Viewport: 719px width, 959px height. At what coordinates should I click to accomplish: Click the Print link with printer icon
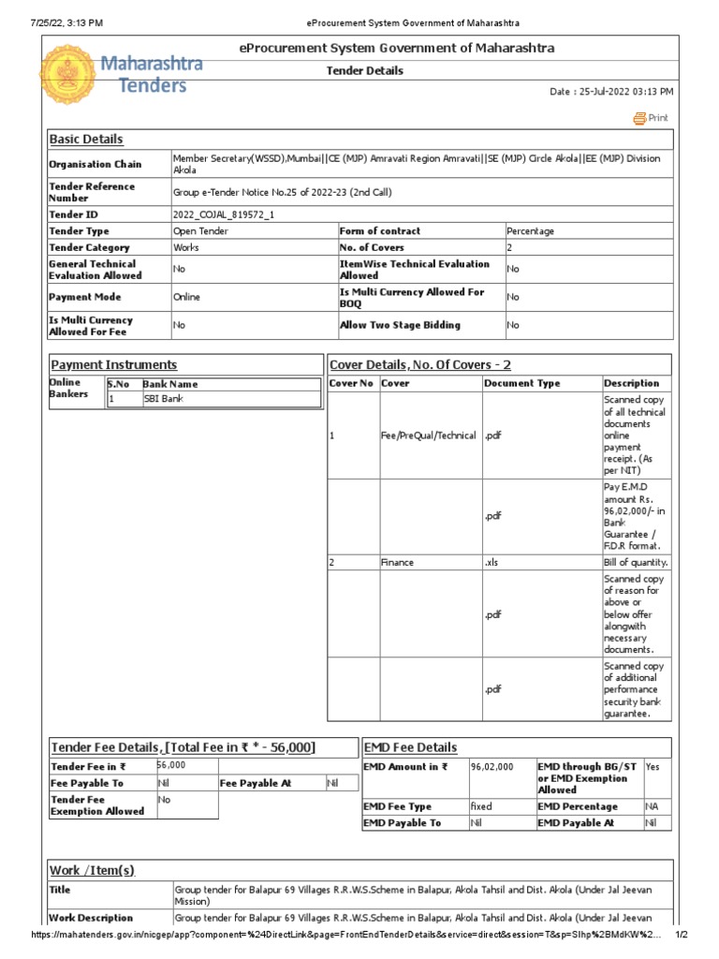coord(652,118)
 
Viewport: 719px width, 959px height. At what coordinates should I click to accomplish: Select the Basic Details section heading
coord(86,140)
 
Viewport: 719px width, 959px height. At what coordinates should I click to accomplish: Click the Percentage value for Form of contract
coord(530,231)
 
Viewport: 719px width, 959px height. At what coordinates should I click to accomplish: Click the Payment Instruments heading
coord(113,365)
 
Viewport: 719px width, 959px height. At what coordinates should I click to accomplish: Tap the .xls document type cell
coord(492,563)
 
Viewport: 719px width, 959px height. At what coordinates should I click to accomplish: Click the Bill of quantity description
coord(635,563)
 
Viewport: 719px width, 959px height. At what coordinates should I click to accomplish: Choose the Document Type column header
coord(522,383)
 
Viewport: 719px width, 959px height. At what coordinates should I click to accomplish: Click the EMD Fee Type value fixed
coord(481,806)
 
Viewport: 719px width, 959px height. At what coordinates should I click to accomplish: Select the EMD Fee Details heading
coord(410,747)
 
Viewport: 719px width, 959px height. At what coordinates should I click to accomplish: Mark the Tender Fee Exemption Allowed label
coord(97,805)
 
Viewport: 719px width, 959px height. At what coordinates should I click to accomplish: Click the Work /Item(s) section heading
coord(92,871)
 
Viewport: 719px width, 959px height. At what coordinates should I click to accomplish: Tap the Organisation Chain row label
coord(95,165)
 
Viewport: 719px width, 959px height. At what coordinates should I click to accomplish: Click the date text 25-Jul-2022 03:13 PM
coord(611,92)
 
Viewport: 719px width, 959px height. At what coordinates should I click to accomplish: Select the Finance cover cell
coord(397,563)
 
